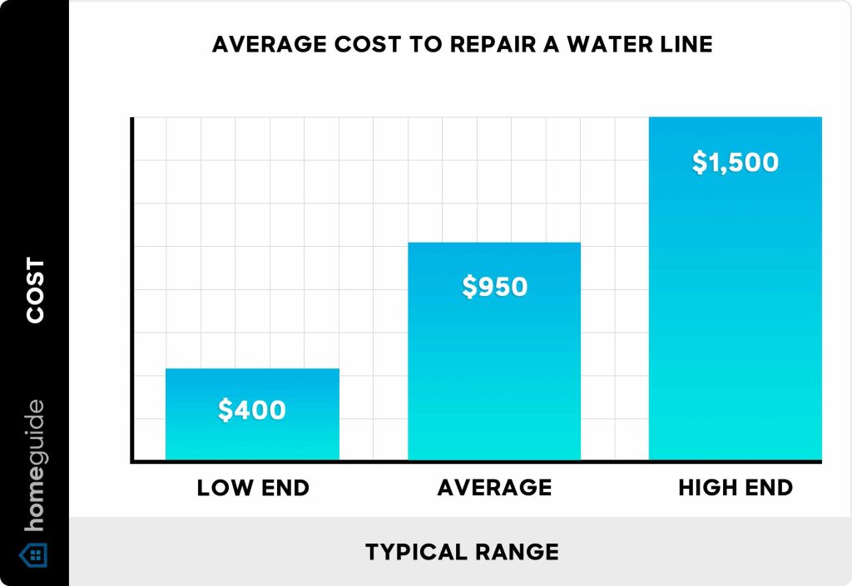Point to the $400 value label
click(252, 410)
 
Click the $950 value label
click(495, 287)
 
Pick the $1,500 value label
click(736, 161)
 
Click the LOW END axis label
click(253, 488)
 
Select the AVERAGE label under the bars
click(494, 488)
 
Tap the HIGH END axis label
click(736, 488)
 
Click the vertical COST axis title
click(35, 290)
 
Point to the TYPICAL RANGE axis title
click(462, 551)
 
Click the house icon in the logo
click(34, 554)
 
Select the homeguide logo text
click(34, 466)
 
